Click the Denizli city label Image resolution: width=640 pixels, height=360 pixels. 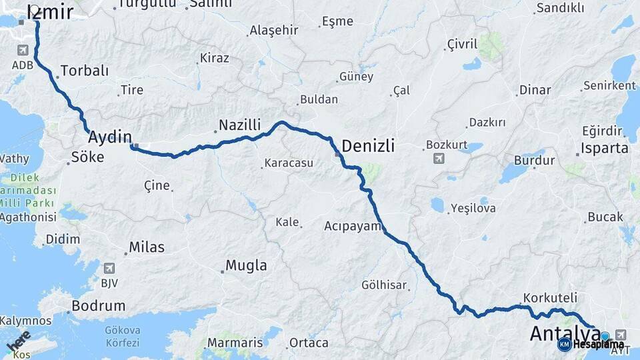click(368, 146)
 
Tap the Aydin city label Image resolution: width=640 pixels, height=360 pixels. click(110, 137)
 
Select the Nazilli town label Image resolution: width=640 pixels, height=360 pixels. click(239, 125)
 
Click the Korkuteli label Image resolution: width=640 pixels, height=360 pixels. click(550, 297)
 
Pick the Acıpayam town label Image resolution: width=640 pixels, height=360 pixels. click(353, 225)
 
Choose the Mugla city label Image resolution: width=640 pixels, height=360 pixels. click(246, 265)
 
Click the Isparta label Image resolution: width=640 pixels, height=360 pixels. click(605, 148)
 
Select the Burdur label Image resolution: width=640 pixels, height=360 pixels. click(534, 161)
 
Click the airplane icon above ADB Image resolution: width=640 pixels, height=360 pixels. click(23, 51)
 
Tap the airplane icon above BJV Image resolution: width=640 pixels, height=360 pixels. click(109, 268)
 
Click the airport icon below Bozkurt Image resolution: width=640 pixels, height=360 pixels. click(439, 158)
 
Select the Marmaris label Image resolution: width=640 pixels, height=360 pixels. click(235, 343)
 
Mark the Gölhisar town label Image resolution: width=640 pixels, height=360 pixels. click(383, 285)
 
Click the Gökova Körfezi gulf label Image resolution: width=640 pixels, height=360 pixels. click(122, 336)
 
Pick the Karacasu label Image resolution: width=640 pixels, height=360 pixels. click(289, 163)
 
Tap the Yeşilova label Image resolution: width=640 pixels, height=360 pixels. click(473, 208)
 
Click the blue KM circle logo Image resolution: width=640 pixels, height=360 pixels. click(564, 344)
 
